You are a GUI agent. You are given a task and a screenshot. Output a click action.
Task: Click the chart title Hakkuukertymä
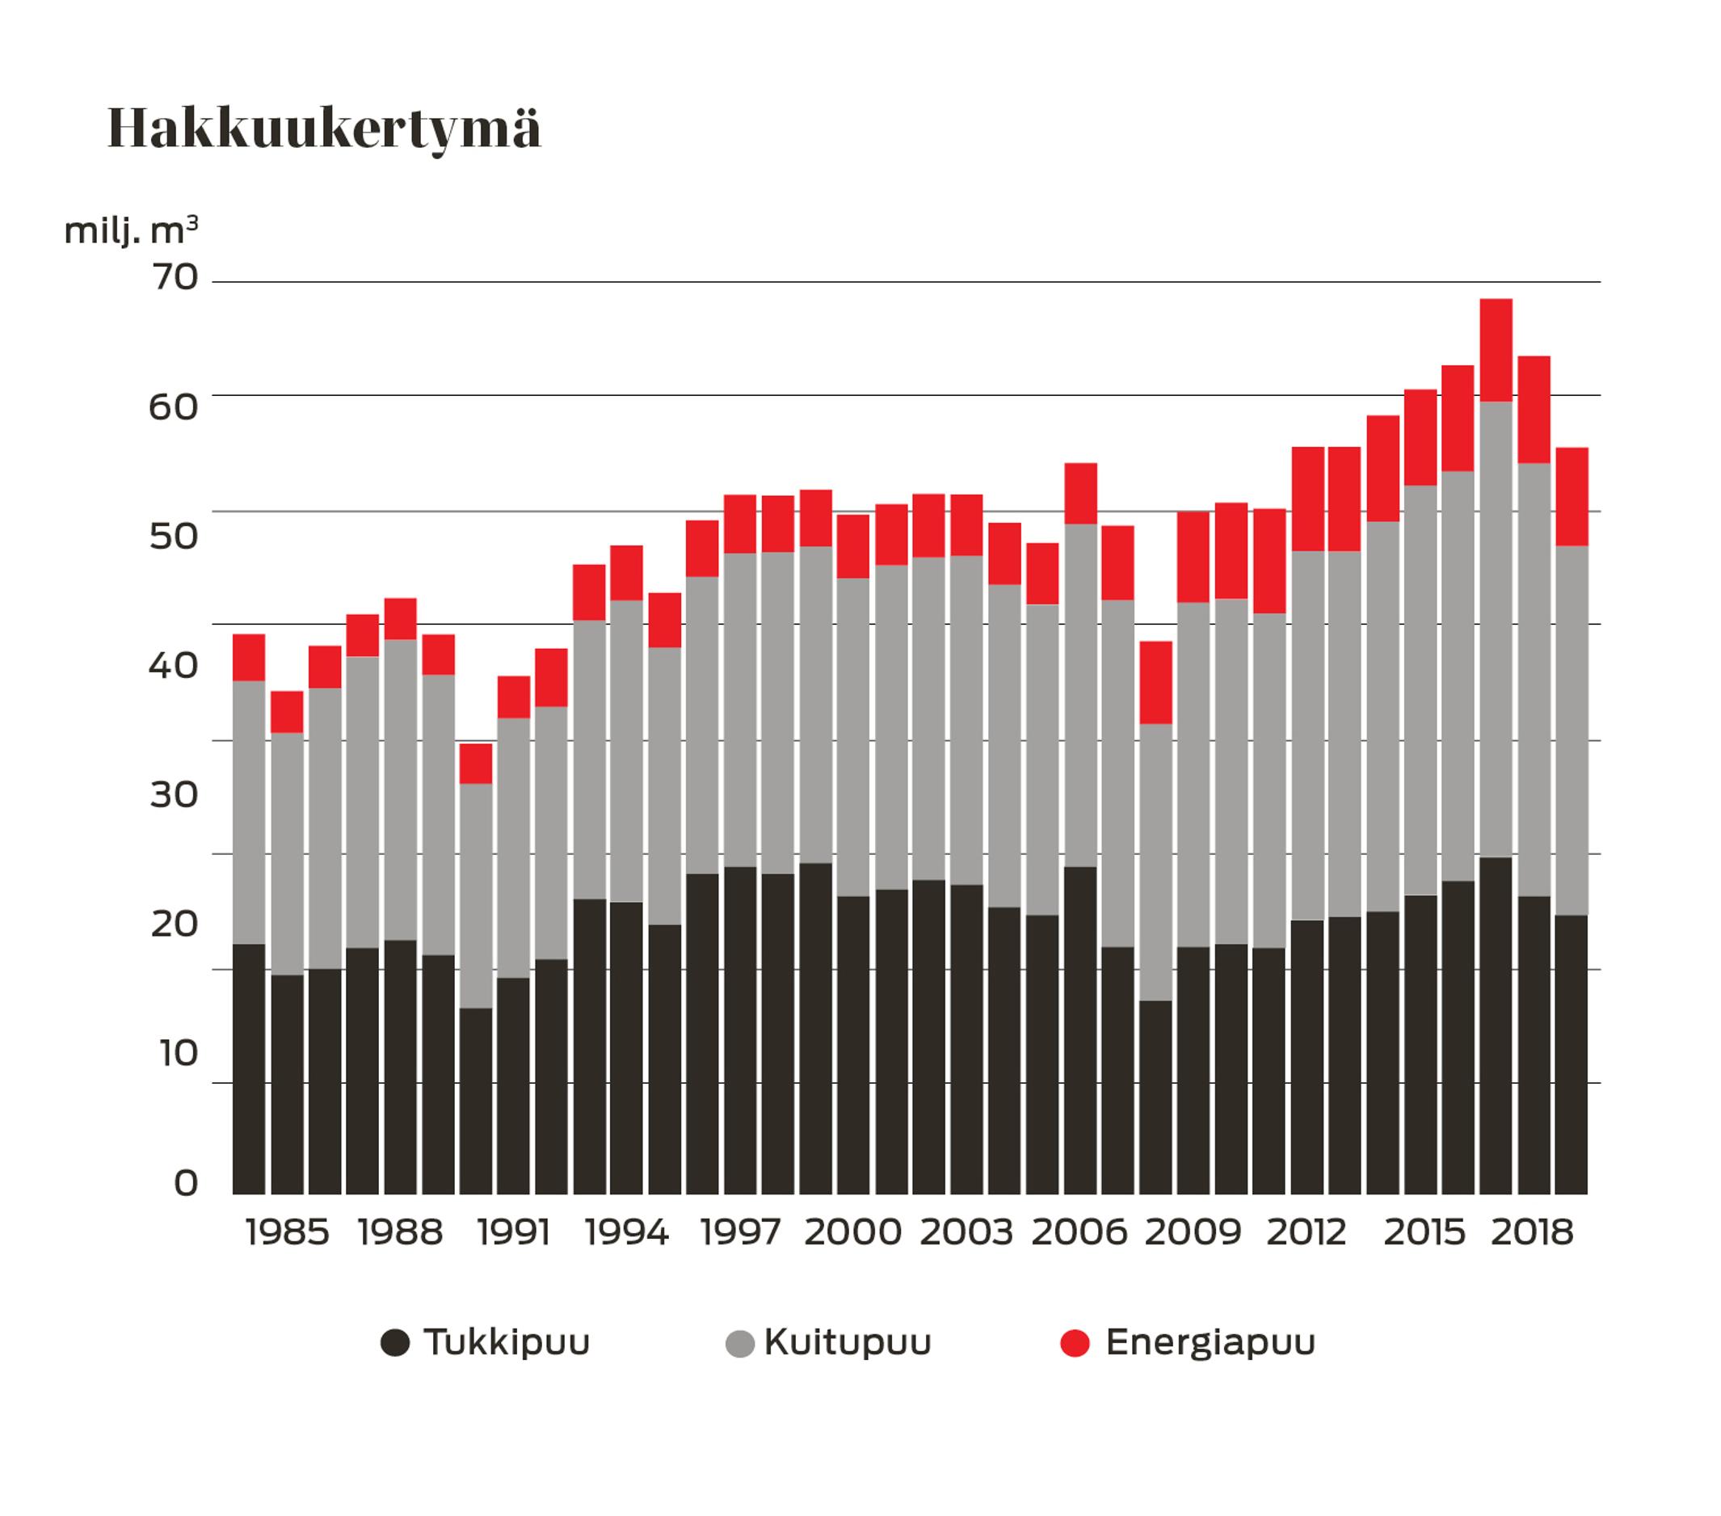[x=324, y=131]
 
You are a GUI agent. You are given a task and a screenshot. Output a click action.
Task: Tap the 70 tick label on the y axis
[x=175, y=277]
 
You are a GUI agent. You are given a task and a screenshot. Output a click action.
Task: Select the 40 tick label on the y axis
[x=175, y=665]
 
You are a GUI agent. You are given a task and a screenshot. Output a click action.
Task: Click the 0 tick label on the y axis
[x=185, y=1182]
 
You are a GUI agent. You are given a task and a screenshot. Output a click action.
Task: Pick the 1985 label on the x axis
[x=287, y=1233]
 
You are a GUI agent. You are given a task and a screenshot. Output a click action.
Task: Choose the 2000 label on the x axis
[x=852, y=1233]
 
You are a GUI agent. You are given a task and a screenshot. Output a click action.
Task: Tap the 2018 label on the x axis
[x=1532, y=1233]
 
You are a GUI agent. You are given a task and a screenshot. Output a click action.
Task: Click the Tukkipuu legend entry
[x=505, y=1342]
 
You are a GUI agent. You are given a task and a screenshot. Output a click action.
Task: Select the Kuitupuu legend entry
[x=846, y=1342]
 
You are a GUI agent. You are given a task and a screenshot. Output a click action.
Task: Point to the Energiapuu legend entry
[x=1209, y=1342]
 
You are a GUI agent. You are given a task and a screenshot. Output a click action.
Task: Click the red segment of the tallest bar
[x=1496, y=350]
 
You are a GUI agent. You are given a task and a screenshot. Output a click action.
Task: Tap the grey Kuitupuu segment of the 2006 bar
[x=1080, y=695]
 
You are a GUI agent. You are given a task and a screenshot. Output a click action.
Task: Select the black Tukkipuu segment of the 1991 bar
[x=514, y=1086]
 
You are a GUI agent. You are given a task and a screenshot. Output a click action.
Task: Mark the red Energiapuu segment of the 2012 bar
[x=1307, y=499]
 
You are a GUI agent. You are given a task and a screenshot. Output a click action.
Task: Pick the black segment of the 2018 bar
[x=1534, y=1044]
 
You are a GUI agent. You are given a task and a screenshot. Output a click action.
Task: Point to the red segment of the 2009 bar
[x=1193, y=557]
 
